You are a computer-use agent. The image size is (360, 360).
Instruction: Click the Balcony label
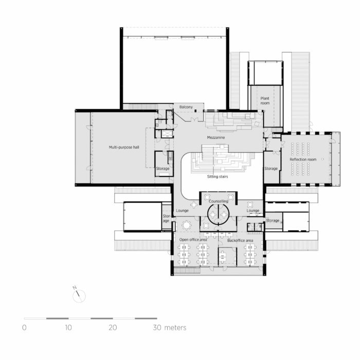(186, 107)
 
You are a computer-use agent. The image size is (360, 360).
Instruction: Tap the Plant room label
(264, 100)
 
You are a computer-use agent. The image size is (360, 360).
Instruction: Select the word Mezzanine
(217, 137)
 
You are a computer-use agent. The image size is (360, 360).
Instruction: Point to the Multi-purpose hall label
(123, 147)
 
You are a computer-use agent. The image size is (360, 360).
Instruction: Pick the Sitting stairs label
(218, 176)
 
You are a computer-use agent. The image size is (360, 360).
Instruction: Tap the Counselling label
(219, 201)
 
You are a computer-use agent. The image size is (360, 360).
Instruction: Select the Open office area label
(193, 240)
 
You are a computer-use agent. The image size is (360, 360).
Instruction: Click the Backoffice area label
(240, 240)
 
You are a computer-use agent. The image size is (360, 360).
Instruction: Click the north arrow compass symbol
(80, 296)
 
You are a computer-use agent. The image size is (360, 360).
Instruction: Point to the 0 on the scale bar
(24, 327)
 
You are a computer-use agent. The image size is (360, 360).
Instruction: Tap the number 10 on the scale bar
(68, 327)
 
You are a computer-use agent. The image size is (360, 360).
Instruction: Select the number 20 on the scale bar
(113, 327)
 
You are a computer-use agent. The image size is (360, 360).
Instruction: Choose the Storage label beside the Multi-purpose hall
(163, 169)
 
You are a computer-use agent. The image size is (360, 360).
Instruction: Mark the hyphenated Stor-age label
(166, 219)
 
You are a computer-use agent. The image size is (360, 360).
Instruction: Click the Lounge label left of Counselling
(183, 211)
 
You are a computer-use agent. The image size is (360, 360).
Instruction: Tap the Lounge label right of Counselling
(253, 211)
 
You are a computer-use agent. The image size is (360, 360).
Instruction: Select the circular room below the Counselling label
(219, 215)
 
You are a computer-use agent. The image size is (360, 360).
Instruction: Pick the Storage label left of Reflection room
(271, 169)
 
